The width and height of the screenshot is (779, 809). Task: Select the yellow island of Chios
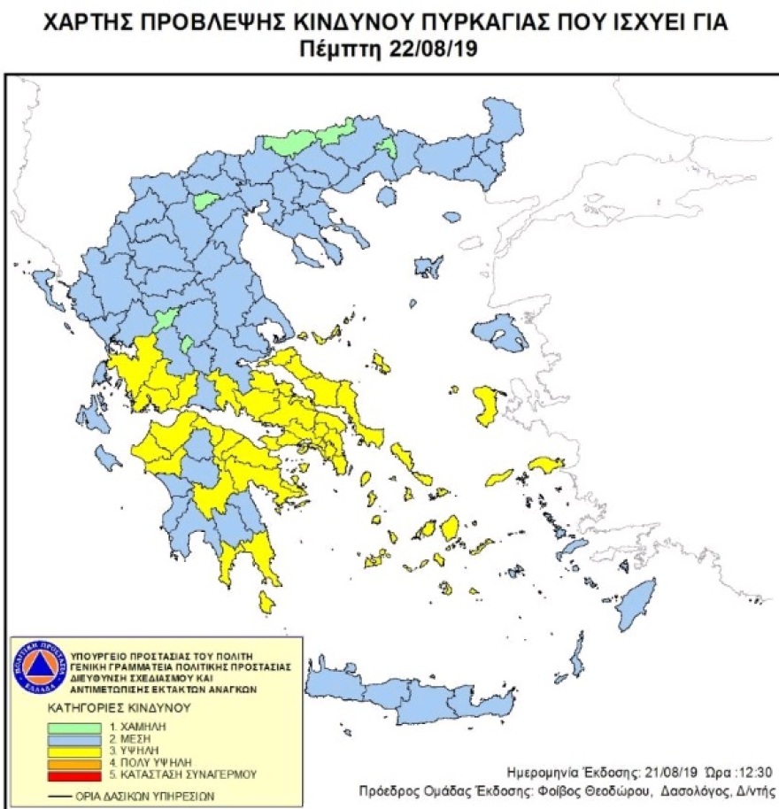pos(486,404)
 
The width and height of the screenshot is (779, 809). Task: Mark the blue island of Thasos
pos(386,196)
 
